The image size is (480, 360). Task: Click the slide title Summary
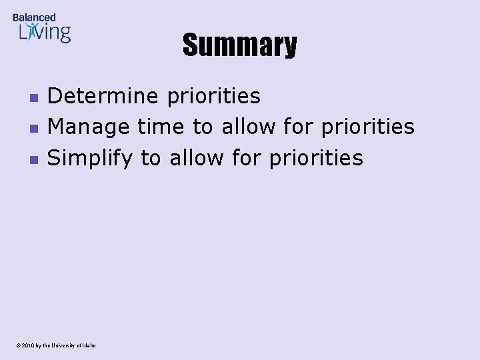pyautogui.click(x=240, y=46)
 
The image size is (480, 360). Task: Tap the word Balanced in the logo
pyautogui.click(x=34, y=17)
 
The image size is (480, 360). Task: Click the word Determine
pyautogui.click(x=103, y=97)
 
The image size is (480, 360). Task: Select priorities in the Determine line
pyautogui.click(x=214, y=97)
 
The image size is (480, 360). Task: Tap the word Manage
pyautogui.click(x=89, y=127)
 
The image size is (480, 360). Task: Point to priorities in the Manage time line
pyautogui.click(x=367, y=127)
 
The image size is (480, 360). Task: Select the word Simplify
pyautogui.click(x=90, y=159)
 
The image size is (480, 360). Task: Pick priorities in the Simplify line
pyautogui.click(x=317, y=158)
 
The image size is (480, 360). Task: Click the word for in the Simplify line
pyautogui.click(x=247, y=158)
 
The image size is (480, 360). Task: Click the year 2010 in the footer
pyautogui.click(x=27, y=345)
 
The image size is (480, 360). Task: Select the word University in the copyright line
pyautogui.click(x=64, y=345)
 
